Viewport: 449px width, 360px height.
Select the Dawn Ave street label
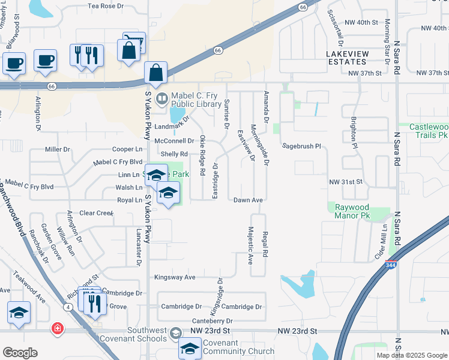[x=249, y=200]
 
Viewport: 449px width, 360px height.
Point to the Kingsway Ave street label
[x=175, y=277]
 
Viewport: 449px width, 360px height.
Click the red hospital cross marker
[x=57, y=329]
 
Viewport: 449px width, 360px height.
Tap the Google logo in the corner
[x=20, y=353]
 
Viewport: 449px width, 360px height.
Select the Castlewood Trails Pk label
[x=429, y=131]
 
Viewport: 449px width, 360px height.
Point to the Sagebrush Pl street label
[x=303, y=146]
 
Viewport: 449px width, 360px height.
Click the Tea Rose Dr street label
[x=105, y=5]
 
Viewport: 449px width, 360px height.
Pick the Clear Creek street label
[x=97, y=213]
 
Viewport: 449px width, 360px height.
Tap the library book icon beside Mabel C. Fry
[x=161, y=97]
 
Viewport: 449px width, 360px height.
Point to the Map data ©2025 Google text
[x=411, y=355]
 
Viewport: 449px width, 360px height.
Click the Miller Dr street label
[x=58, y=149]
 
